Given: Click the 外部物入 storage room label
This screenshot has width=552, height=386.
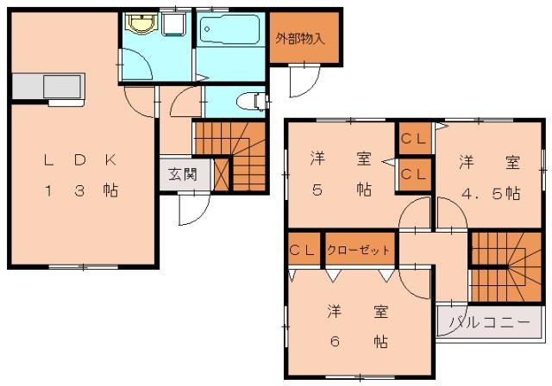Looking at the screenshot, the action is pos(299,39).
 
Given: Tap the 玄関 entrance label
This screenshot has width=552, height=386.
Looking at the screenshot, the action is pos(182,174).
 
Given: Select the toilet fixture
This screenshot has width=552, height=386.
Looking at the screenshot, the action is pos(251,102).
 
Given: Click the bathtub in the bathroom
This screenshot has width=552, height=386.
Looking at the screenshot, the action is pos(229,30).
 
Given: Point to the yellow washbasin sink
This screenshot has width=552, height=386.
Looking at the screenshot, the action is pos(141,23).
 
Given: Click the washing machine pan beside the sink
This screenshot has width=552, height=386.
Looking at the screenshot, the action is pos(173,24).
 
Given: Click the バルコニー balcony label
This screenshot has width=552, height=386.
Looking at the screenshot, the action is pos(490,322).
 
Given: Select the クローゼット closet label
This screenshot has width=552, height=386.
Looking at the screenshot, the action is pos(358,251).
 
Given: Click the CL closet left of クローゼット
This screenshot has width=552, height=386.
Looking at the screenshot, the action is pos(302,250).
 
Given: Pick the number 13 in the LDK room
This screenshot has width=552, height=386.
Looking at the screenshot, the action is pos(64,191).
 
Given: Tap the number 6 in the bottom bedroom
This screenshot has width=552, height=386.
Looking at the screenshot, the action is pos(335,341).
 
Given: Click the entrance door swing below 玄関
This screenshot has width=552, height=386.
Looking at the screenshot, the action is pos(194,209).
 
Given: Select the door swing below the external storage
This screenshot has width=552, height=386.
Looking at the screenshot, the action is pos(304,81).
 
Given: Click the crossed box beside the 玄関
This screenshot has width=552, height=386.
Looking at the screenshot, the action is pos(222,175).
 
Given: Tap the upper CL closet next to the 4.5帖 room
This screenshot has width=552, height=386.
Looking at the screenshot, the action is pos(414,139).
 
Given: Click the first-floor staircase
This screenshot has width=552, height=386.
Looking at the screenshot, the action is pos(230,157).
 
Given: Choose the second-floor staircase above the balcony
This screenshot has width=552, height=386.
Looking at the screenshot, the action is pos(506,267).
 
